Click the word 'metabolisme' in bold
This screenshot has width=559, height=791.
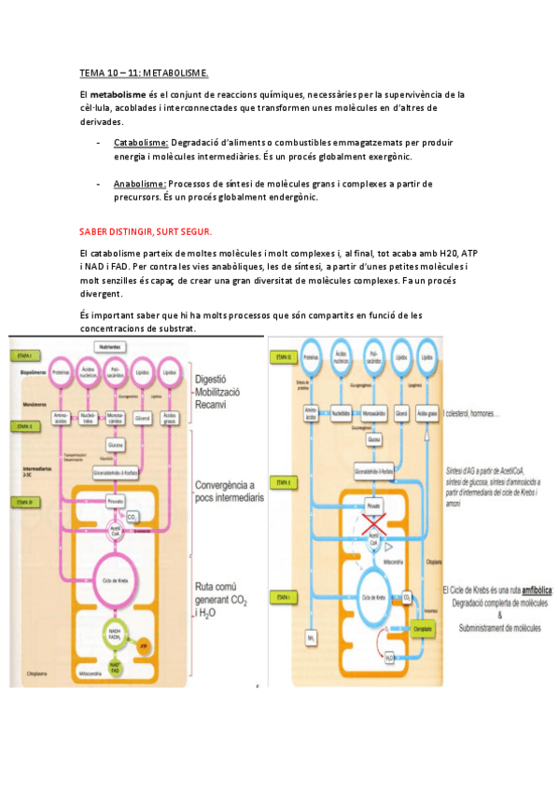click(117, 95)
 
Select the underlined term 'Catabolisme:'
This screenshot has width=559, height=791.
click(141, 143)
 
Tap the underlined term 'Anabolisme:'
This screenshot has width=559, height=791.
click(140, 184)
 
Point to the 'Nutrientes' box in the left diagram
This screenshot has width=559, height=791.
click(114, 347)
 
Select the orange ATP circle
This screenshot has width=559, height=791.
click(143, 645)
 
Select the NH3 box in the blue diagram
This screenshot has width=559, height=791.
click(311, 637)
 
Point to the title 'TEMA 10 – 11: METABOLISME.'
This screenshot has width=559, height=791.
click(144, 72)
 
